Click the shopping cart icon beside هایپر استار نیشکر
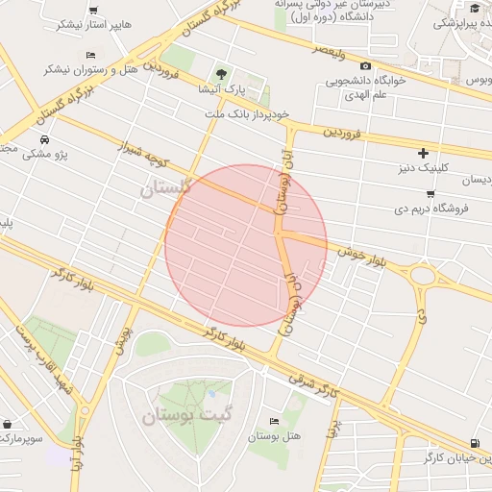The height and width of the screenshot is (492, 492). coord(92,11)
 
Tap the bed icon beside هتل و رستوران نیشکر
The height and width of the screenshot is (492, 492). coord(89,56)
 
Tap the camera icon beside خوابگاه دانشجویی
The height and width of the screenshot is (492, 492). coord(365,65)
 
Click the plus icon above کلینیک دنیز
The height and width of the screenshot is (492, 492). coord(423,153)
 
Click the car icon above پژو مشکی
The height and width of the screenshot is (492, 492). coord(45,138)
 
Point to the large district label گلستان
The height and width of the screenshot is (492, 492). coord(166,187)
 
